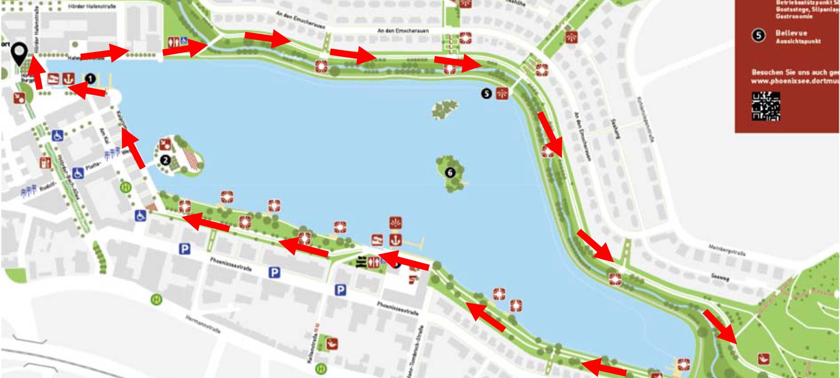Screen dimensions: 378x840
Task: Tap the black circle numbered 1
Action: pyautogui.click(x=90, y=79)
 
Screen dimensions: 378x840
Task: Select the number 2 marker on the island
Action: pyautogui.click(x=165, y=160)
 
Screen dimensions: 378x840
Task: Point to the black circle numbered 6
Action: pyautogui.click(x=450, y=172)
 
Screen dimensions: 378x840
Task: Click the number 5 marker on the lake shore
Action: pyautogui.click(x=487, y=94)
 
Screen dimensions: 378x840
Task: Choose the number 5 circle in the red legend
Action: pyautogui.click(x=759, y=35)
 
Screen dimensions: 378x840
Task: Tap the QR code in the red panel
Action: pyautogui.click(x=766, y=106)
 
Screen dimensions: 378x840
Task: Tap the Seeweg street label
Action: pyautogui.click(x=720, y=277)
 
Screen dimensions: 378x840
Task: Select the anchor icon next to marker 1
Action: pyautogui.click(x=67, y=78)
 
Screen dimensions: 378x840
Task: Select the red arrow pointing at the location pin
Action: pyautogui.click(x=35, y=74)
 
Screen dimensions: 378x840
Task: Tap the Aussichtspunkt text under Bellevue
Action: pyautogui.click(x=798, y=41)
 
